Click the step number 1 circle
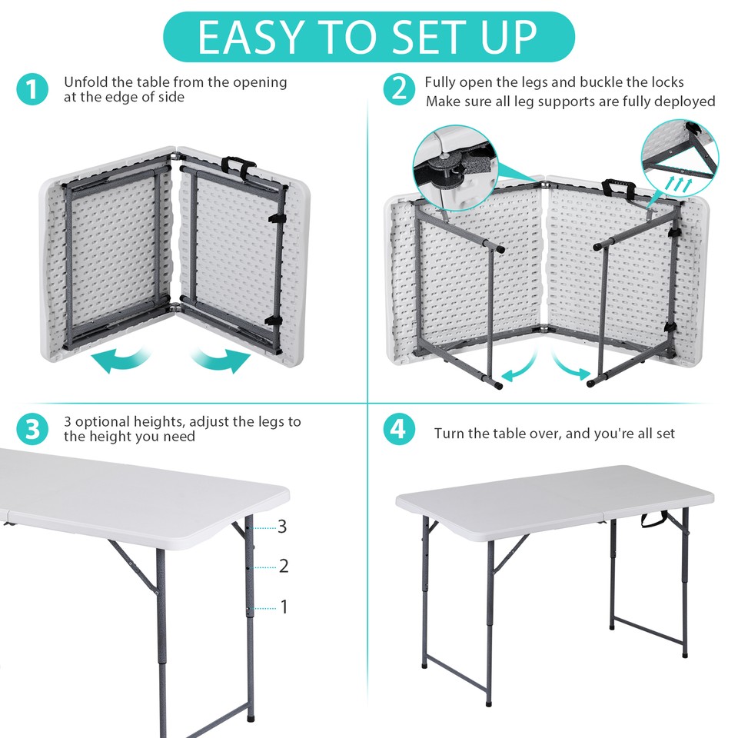coord(31,90)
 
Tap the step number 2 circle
coord(398,90)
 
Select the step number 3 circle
coord(31,429)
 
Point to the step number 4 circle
coord(398,429)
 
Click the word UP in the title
coord(504,36)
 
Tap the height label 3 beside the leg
coord(282,527)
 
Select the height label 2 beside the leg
coord(284,567)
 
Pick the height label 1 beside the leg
coord(284,607)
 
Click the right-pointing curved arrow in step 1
coord(223,360)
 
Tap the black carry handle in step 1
coord(238,165)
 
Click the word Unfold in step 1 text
coord(87,81)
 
